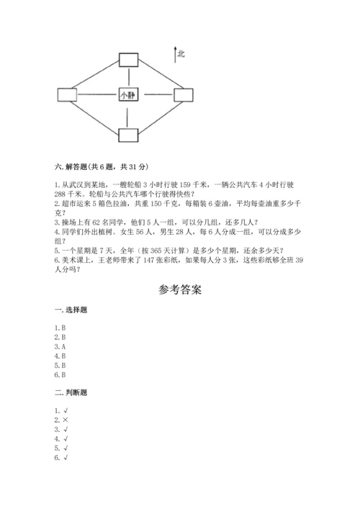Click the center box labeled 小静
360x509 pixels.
click(x=127, y=94)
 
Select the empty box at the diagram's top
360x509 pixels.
click(x=128, y=60)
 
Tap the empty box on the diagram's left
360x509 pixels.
click(x=66, y=94)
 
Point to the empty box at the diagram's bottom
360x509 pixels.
click(x=128, y=135)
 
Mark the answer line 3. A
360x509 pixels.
click(x=60, y=346)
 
